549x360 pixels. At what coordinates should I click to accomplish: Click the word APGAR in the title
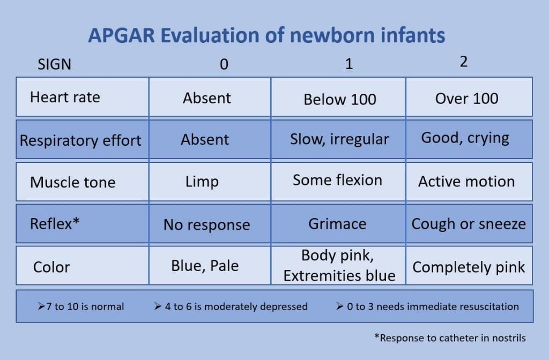tap(121, 35)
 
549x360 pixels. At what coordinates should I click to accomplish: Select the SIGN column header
tap(54, 64)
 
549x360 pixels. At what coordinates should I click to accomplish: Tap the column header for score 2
tap(464, 62)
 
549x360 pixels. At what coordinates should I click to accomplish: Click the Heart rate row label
tap(65, 97)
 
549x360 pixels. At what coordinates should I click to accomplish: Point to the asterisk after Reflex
tap(76, 221)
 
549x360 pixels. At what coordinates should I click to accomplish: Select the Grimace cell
tap(338, 224)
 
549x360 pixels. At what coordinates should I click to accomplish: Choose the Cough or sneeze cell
tap(469, 224)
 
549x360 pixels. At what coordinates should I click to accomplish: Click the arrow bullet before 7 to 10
tap(41, 306)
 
